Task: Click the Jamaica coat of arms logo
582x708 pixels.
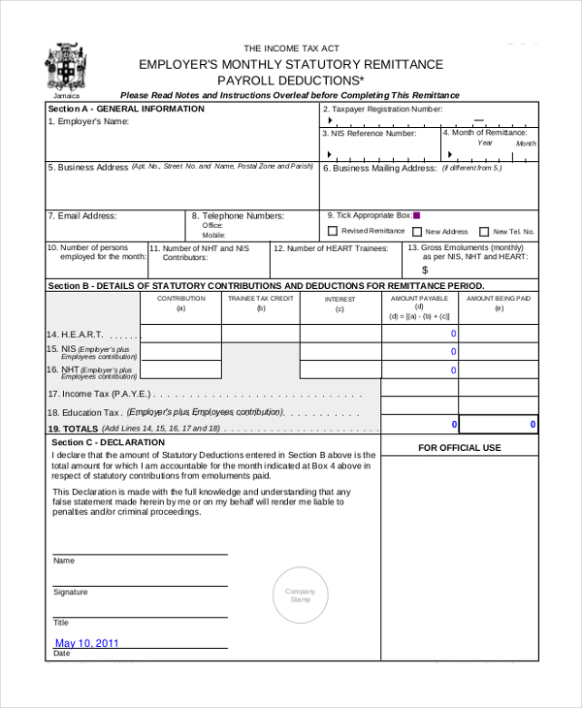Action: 65,67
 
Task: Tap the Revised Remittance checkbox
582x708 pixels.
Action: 333,231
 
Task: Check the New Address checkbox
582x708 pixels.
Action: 417,232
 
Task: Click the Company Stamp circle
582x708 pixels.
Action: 300,595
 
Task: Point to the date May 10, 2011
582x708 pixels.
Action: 86,643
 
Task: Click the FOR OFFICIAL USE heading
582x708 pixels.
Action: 459,447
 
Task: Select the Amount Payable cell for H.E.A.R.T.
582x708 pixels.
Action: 419,334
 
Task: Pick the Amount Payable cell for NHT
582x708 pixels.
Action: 419,370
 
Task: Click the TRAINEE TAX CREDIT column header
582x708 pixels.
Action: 260,299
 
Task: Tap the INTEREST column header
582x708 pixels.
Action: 339,299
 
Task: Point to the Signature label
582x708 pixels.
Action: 70,592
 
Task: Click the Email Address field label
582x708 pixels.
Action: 82,215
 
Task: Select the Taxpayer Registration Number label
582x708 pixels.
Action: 381,110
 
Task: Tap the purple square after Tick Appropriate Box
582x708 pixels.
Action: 416,215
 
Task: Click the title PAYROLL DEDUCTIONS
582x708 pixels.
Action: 290,80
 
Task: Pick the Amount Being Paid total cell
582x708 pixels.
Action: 498,425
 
